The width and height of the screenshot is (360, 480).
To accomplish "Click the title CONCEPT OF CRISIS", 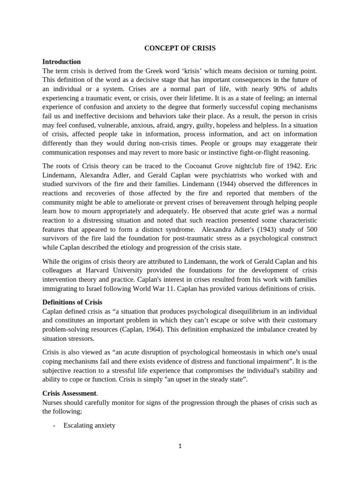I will tap(180, 48).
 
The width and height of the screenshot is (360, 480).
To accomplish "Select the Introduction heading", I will tap(61, 61).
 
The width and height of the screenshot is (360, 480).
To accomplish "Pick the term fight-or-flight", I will tap(241, 152).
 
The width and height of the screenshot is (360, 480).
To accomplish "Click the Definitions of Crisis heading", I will tap(72, 302).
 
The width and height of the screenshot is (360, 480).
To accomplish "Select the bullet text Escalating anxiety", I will tap(89, 426).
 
